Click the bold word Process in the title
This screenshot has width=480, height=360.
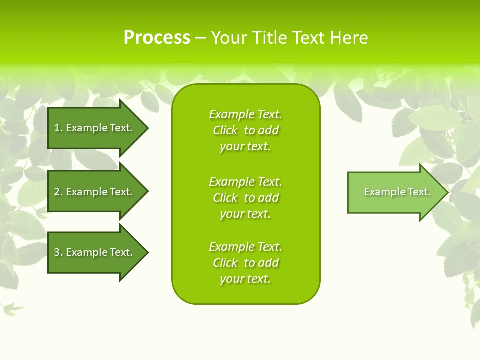point(157,38)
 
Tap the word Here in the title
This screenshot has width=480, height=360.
point(348,38)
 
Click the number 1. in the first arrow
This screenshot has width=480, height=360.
point(58,128)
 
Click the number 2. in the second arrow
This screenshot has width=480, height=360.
point(58,192)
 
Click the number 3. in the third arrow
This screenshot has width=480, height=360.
point(58,252)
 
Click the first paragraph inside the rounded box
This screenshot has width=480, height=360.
point(245,130)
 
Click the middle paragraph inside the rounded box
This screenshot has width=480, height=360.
point(245,198)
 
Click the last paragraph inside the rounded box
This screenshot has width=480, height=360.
point(245,263)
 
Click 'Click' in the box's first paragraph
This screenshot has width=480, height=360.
point(225,130)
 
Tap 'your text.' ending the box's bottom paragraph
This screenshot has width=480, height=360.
point(245,279)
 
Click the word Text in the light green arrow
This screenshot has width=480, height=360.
point(418,192)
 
